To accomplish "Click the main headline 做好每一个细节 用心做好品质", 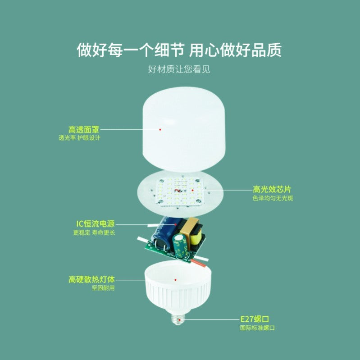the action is coord(179,50).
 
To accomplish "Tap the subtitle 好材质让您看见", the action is coord(179,69).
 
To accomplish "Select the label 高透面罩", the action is coord(84,130).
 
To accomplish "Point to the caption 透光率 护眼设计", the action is coord(79,138).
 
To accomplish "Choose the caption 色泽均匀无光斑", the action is coord(273,198).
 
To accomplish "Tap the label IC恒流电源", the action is coord(96,223).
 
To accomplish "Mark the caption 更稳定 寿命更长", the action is coord(94,232).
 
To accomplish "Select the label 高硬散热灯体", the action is coord(91,279).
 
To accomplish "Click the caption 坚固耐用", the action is coord(103,288).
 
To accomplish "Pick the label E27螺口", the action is coord(255,319).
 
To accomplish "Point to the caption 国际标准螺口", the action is coord(257,328).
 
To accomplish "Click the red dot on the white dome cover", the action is coord(160,129).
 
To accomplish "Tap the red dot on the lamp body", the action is coord(175,280).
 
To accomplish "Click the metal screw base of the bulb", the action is coord(178,319).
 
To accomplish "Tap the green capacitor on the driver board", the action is coord(180,245).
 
